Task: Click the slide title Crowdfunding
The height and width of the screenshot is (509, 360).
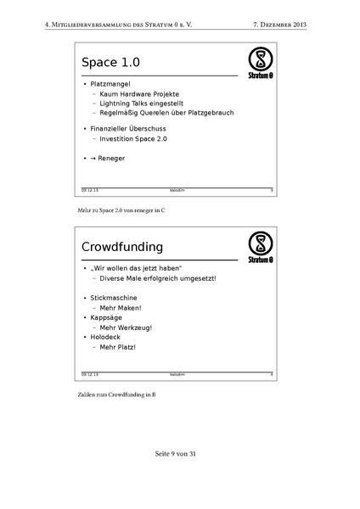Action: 122,247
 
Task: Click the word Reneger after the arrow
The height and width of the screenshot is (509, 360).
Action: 116,159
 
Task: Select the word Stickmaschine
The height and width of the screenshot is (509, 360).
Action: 117,298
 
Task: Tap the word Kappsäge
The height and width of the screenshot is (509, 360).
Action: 111,317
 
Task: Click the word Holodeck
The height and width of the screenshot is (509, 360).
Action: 111,337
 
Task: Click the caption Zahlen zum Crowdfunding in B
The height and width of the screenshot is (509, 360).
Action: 116,394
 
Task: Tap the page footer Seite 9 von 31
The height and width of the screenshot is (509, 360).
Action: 179,455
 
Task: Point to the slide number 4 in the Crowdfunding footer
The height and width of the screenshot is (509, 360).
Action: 271,373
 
